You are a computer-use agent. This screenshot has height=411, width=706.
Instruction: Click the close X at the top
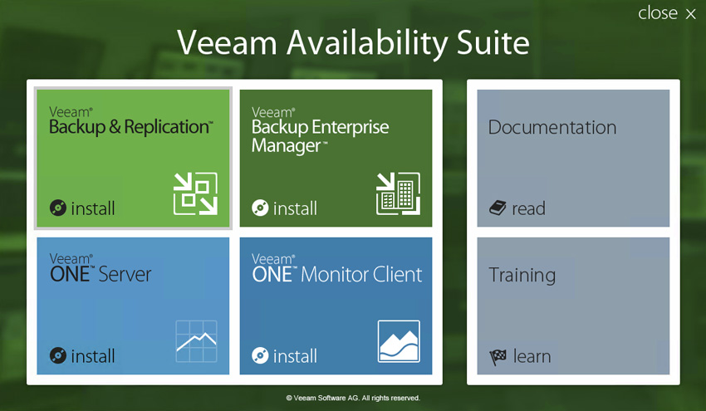click(691, 14)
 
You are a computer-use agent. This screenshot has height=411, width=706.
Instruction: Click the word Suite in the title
click(493, 43)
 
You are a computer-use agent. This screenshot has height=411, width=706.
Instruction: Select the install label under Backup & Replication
click(93, 208)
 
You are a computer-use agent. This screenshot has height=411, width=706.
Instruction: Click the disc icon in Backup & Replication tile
click(58, 208)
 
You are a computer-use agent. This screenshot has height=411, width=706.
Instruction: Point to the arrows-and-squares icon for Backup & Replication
click(195, 193)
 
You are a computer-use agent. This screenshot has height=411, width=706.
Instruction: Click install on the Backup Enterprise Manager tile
click(295, 208)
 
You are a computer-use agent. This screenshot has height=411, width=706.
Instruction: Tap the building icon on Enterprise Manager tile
click(398, 193)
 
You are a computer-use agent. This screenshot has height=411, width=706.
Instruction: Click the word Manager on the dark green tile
click(287, 146)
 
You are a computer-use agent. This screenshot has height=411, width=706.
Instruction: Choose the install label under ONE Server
click(93, 356)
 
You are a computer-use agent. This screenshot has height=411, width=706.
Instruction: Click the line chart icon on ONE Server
click(196, 341)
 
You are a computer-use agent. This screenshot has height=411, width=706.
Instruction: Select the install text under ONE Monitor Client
click(295, 356)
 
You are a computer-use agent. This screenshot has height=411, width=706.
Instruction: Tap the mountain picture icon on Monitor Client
click(399, 341)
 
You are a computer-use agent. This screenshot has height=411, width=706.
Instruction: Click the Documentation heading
click(552, 127)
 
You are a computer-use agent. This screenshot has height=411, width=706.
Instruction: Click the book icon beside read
click(498, 208)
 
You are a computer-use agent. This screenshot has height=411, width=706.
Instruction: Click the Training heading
click(522, 275)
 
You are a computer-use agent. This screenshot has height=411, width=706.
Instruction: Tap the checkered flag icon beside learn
click(498, 357)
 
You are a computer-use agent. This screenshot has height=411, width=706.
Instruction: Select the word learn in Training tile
click(532, 356)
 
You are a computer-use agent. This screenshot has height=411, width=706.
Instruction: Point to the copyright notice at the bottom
click(353, 398)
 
